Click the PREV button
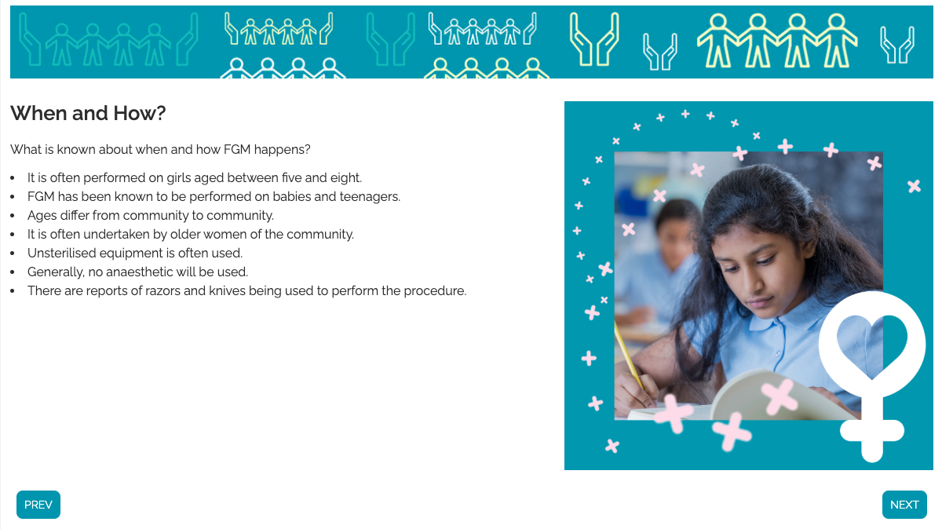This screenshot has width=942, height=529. (38, 504)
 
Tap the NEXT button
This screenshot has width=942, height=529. (904, 504)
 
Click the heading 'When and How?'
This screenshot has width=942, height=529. (88, 113)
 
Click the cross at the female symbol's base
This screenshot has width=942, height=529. (872, 432)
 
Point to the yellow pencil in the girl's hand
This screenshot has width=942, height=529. (629, 356)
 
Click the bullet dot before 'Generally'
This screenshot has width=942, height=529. (13, 272)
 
